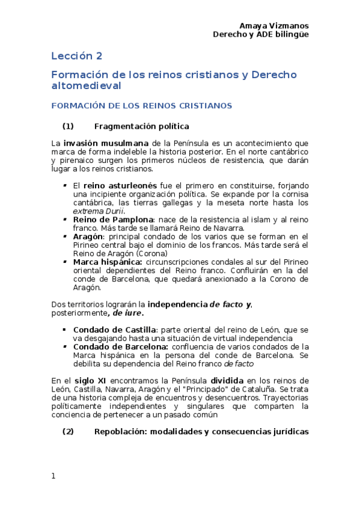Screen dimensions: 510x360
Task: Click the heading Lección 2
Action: [76, 56]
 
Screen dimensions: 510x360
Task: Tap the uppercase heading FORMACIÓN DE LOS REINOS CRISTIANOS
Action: [141, 105]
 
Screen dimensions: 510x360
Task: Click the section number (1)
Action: [68, 126]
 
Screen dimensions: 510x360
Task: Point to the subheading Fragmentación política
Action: [142, 126]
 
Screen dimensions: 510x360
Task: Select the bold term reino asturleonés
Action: [120, 186]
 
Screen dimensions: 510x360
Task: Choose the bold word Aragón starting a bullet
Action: [88, 237]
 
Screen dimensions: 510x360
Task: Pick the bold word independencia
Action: [177, 304]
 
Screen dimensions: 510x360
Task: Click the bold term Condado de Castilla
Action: [114, 330]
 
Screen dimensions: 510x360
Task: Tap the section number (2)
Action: [68, 431]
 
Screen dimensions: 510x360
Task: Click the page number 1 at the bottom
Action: [53, 476]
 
